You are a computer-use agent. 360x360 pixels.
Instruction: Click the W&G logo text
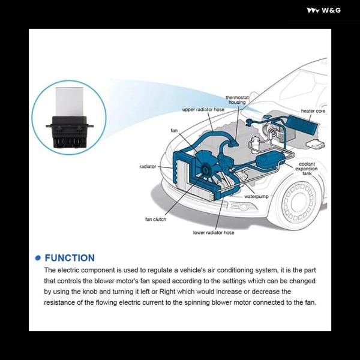tap(331, 10)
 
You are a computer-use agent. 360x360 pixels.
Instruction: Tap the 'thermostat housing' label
tap(237, 100)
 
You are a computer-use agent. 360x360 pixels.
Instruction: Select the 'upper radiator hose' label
tap(203, 110)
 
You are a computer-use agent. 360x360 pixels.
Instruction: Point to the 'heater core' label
tap(313, 111)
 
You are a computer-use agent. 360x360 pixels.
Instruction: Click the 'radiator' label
tap(148, 166)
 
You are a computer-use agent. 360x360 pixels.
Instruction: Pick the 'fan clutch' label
tap(155, 219)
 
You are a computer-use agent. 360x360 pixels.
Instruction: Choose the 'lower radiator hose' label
tap(214, 233)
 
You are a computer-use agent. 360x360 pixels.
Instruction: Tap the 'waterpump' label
tap(256, 197)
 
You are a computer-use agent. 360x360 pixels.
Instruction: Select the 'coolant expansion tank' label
tap(307, 169)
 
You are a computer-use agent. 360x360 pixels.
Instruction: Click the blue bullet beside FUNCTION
tap(38, 258)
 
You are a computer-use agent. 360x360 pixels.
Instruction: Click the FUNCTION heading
tap(70, 258)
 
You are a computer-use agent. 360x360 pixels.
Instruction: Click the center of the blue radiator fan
tap(205, 169)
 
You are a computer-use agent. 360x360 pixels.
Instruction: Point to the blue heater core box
tap(302, 126)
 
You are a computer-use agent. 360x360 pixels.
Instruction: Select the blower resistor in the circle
tap(70, 118)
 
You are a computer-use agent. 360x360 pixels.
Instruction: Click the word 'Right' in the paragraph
tap(167, 292)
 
